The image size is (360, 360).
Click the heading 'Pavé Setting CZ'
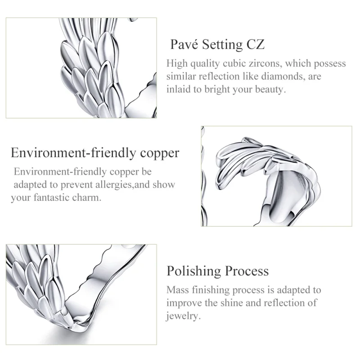217,45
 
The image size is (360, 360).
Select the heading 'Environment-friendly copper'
95,153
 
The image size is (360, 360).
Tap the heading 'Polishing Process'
218,271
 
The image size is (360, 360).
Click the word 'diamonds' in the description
286,76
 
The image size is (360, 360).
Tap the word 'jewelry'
183,316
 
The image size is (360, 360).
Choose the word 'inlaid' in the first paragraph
179,90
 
